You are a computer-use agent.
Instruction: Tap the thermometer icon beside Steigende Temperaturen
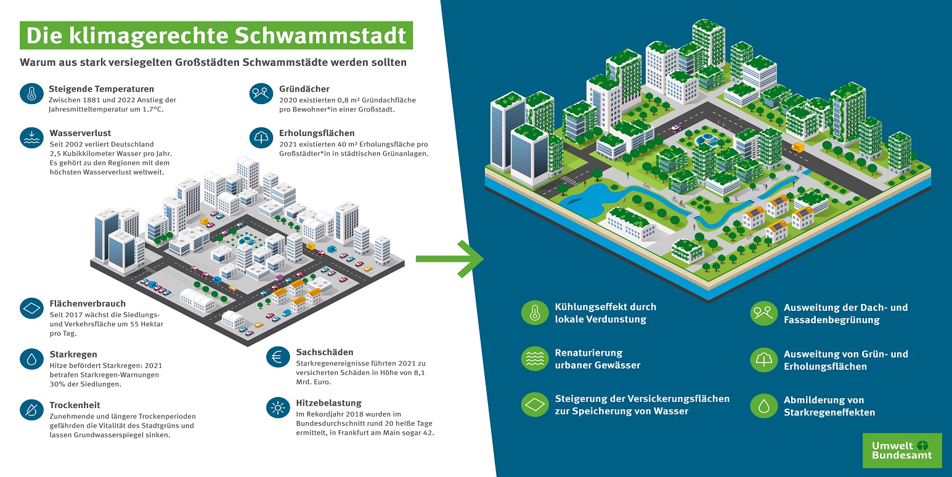[31, 94]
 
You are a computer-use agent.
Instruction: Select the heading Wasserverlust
[80, 133]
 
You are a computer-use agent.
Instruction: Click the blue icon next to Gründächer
[261, 94]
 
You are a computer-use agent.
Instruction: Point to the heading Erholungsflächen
[317, 133]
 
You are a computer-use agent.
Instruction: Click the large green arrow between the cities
[450, 259]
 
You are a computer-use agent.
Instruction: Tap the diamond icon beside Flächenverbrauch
[31, 308]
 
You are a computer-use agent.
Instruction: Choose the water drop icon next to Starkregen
[31, 359]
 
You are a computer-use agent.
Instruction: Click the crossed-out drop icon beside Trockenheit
[31, 409]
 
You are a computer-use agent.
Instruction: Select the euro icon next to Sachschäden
[278, 357]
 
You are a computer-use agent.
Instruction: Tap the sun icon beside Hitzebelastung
[278, 408]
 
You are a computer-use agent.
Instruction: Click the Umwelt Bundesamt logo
[902, 451]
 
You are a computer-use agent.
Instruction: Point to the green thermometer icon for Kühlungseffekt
[535, 313]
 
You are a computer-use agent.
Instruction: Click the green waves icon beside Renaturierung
[535, 359]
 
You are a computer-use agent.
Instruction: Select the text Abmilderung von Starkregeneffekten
[829, 406]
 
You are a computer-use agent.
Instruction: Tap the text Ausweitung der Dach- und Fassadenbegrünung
[846, 314]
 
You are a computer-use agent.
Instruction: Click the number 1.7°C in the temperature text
[152, 110]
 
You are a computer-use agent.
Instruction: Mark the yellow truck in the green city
[798, 147]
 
